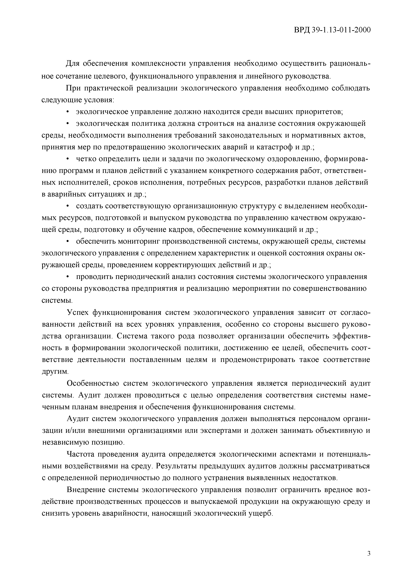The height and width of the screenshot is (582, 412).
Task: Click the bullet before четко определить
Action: pos(68,159)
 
